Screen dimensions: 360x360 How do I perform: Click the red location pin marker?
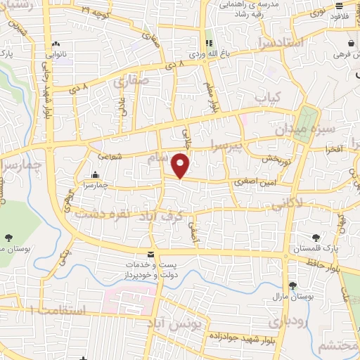coord(181,165)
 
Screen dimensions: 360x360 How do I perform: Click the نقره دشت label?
coord(98,211)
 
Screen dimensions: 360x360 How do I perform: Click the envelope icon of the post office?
coord(149,253)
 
